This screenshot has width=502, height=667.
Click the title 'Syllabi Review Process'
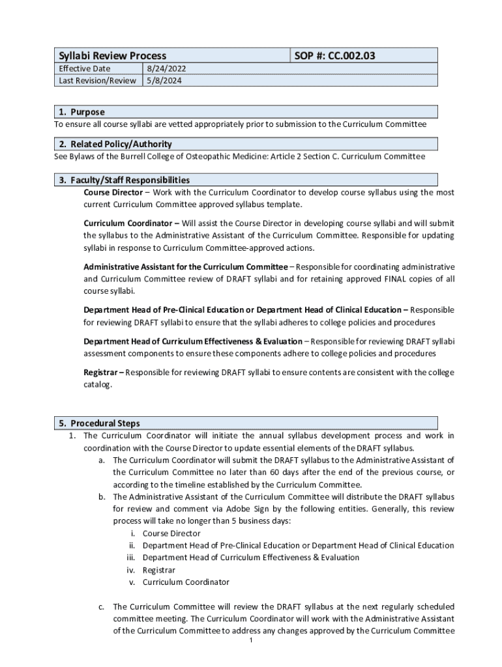point(112,56)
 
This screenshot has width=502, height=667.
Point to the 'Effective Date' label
point(85,68)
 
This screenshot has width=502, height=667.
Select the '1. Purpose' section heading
point(81,112)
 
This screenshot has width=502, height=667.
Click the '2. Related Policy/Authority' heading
point(115,144)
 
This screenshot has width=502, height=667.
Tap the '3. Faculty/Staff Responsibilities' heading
point(124,180)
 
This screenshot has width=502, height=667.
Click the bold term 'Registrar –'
point(104,373)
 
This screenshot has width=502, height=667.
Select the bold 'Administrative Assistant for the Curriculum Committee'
point(186,267)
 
